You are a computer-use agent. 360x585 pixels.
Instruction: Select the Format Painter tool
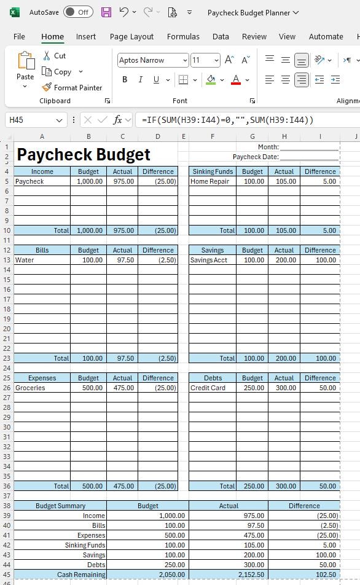pos(72,88)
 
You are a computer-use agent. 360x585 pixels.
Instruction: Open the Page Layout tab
pos(131,37)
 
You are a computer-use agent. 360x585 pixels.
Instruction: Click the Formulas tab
pos(183,37)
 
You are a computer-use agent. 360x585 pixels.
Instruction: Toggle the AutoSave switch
pos(78,12)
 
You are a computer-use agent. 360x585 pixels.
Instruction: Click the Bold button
pos(125,80)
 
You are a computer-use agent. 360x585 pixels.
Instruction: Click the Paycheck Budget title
pos(84,154)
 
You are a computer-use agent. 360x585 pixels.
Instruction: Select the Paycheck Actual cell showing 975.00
pos(122,181)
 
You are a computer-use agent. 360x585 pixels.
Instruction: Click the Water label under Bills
pos(25,260)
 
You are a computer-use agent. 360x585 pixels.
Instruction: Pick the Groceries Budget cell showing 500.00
pos(88,388)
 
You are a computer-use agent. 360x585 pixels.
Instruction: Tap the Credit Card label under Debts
pos(208,388)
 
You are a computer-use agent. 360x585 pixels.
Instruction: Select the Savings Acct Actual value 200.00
pos(284,260)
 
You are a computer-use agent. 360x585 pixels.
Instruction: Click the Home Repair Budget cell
pos(252,181)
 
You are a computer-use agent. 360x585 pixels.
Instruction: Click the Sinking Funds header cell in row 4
pos(212,171)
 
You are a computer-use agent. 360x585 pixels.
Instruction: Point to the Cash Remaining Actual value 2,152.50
pos(229,575)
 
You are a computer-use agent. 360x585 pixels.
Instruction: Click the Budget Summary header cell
pos(60,506)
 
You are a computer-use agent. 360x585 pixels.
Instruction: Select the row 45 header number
pos(7,575)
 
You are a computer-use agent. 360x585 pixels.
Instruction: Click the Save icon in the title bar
pos(106,12)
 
